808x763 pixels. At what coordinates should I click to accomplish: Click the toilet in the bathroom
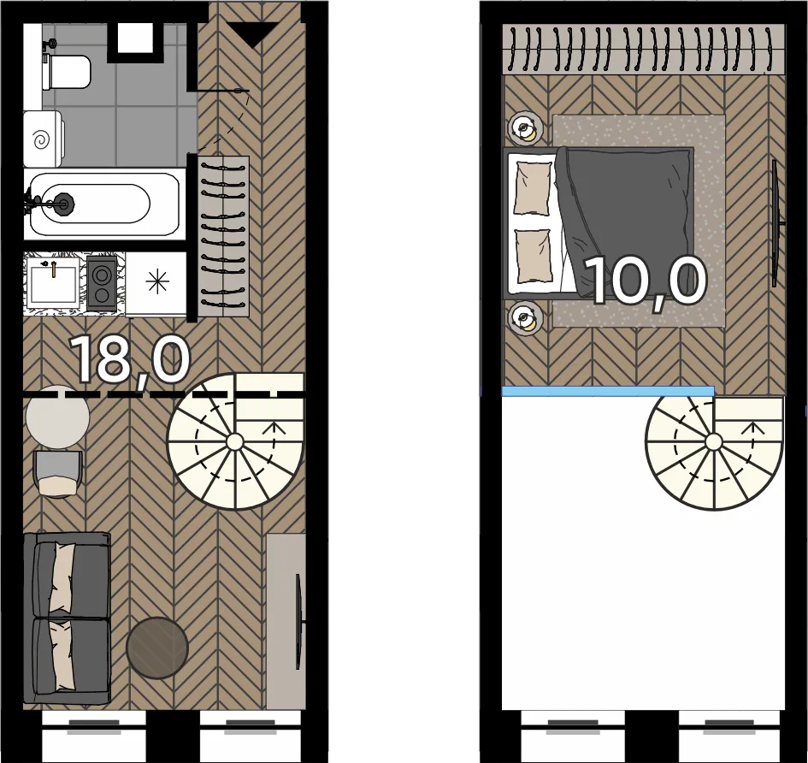(67, 72)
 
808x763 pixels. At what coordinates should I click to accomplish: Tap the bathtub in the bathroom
(104, 204)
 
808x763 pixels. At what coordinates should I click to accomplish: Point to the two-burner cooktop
(101, 283)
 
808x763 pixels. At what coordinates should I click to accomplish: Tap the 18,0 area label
(130, 359)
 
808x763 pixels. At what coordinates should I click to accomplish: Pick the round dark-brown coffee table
(157, 648)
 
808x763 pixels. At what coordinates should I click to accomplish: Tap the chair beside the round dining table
(57, 474)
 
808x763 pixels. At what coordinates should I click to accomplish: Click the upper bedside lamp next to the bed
(525, 128)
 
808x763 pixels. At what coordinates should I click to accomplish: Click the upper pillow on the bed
(533, 187)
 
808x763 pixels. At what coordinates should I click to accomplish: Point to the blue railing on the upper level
(608, 391)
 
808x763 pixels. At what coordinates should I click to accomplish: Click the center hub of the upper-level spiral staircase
(714, 442)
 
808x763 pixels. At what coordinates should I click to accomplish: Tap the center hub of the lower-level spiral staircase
(235, 442)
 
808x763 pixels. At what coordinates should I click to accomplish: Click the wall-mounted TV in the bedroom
(776, 223)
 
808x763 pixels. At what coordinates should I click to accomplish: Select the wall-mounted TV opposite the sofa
(298, 622)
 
